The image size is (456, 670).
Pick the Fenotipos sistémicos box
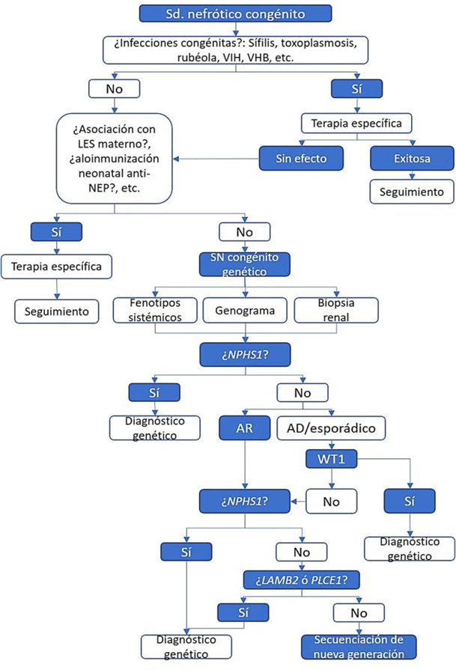tap(155, 310)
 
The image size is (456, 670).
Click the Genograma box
tap(243, 310)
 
